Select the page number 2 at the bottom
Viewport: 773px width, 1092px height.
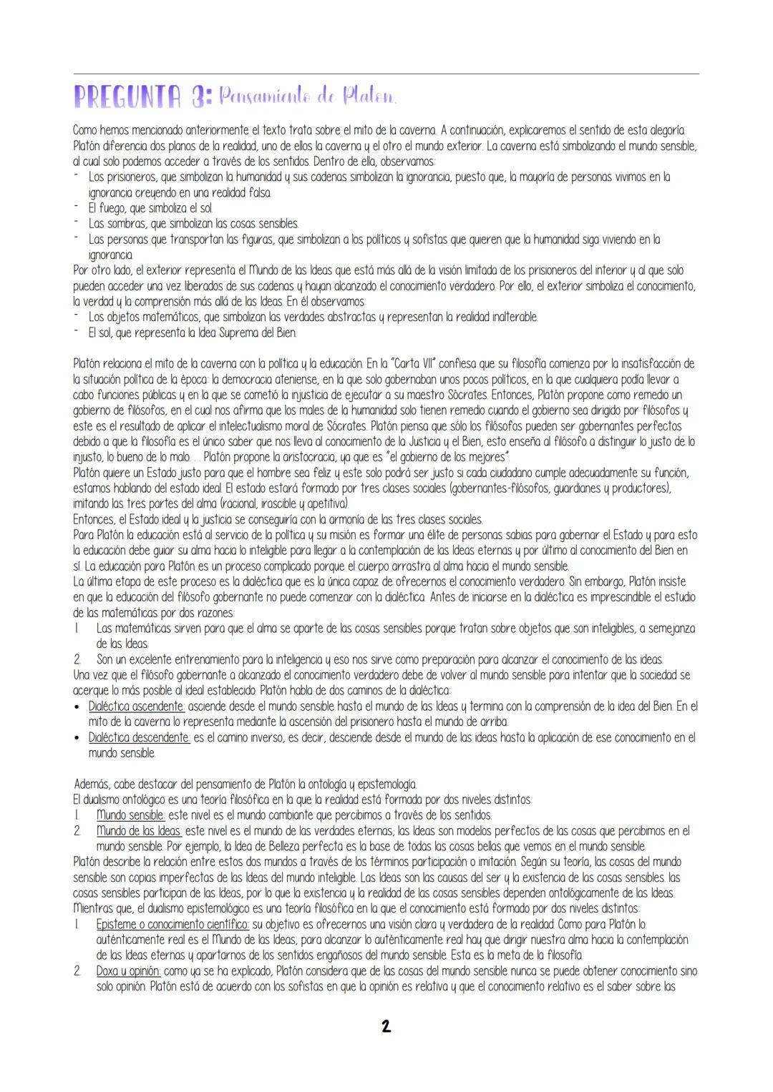click(x=386, y=1027)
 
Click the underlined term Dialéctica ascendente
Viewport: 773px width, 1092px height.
click(x=137, y=706)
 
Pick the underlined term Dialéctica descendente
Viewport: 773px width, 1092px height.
click(x=139, y=737)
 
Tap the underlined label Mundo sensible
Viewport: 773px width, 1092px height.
click(x=131, y=815)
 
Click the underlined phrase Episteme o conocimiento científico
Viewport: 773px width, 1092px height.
click(x=172, y=925)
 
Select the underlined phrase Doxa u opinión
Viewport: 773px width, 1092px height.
click(x=130, y=971)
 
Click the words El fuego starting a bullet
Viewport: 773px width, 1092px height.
click(x=107, y=208)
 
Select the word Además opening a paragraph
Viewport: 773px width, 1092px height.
click(x=92, y=784)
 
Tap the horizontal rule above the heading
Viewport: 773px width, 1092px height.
click(x=386, y=73)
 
